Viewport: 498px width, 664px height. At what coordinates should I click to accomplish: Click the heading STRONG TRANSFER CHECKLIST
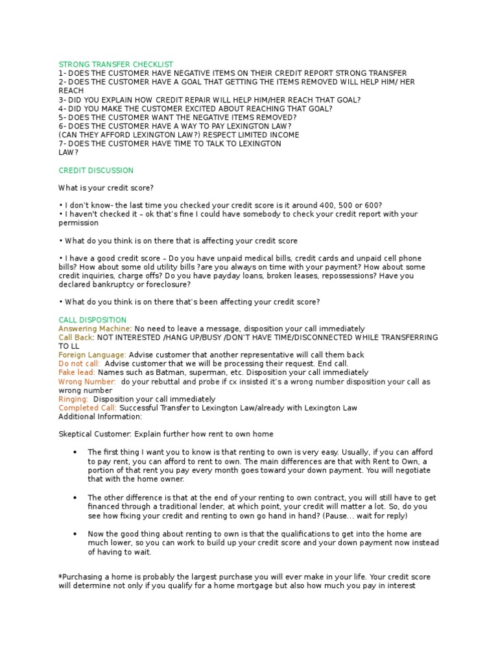pyautogui.click(x=116, y=64)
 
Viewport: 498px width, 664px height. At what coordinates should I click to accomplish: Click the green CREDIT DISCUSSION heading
pyautogui.click(x=96, y=171)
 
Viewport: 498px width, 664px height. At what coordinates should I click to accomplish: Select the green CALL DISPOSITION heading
pyautogui.click(x=93, y=320)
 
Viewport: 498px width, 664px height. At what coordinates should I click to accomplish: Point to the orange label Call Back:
pyautogui.click(x=77, y=337)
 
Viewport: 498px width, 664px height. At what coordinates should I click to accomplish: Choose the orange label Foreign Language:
pyautogui.click(x=93, y=355)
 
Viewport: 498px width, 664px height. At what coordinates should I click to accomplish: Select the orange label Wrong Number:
pyautogui.click(x=88, y=382)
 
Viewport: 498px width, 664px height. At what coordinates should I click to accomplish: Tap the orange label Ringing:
pyautogui.click(x=73, y=399)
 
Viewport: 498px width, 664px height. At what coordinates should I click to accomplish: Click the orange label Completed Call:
pyautogui.click(x=88, y=408)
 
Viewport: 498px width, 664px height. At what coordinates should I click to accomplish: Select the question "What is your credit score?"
pyautogui.click(x=106, y=188)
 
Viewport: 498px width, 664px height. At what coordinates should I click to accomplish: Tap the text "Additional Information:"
pyautogui.click(x=101, y=416)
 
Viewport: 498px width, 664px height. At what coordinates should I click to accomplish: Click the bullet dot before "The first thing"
pyautogui.click(x=76, y=452)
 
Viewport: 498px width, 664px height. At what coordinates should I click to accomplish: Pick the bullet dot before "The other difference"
pyautogui.click(x=76, y=498)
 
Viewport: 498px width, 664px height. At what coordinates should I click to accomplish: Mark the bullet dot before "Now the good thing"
pyautogui.click(x=76, y=534)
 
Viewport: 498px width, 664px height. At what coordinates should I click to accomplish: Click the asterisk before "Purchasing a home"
pyautogui.click(x=60, y=576)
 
